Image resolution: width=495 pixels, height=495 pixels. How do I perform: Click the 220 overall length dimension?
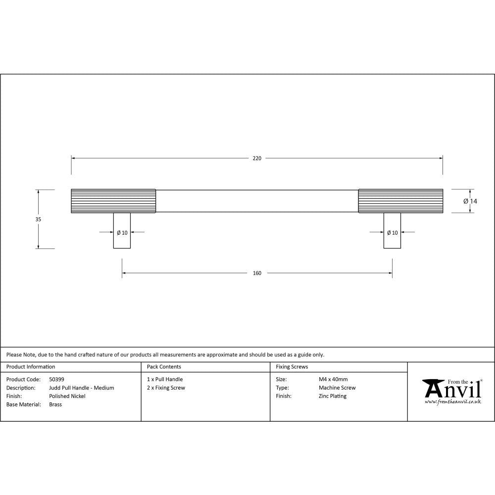(x=257, y=158)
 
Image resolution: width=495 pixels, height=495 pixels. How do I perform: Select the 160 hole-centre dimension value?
(x=257, y=273)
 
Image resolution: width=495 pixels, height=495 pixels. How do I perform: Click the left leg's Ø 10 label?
(x=122, y=232)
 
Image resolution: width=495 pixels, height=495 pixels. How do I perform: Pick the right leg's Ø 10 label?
(x=392, y=232)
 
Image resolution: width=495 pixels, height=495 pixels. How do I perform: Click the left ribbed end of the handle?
(x=113, y=201)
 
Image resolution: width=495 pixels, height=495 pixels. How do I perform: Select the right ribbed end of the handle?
(x=400, y=201)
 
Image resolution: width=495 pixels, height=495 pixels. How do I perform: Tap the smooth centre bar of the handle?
(x=257, y=201)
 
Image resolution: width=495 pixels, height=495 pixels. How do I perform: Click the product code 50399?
(x=56, y=380)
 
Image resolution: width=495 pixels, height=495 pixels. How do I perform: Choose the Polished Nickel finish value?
(x=67, y=396)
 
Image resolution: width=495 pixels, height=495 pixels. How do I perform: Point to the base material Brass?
(x=55, y=404)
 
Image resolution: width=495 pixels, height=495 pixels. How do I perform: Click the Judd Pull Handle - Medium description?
(x=82, y=388)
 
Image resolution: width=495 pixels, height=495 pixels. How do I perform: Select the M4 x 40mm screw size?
(x=333, y=380)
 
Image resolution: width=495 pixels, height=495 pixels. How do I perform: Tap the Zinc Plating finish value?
(x=333, y=396)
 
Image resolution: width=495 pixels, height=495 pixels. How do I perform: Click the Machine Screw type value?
(x=337, y=388)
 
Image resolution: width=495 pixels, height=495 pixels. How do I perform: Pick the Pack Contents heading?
(x=164, y=367)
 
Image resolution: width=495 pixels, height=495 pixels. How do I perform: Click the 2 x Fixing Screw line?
(x=166, y=388)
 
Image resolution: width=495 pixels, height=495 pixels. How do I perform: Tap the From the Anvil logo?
(x=451, y=391)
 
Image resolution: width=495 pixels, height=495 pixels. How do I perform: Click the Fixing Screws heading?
(x=292, y=367)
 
